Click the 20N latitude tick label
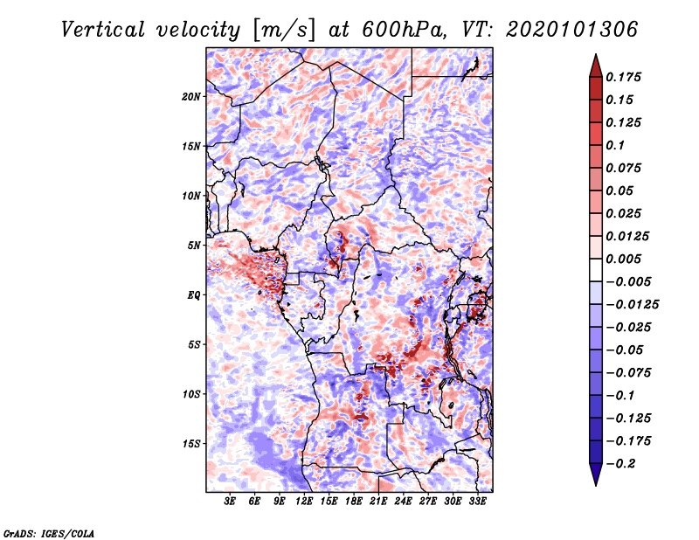[x=191, y=96]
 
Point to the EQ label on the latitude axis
[x=195, y=294]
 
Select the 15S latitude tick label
[x=191, y=443]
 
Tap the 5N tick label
[x=194, y=245]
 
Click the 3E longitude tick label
[x=230, y=501]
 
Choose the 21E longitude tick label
[x=378, y=501]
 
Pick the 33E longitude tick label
[x=477, y=501]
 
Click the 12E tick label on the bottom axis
[x=304, y=501]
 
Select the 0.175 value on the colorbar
[x=626, y=77]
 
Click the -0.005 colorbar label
[x=629, y=281]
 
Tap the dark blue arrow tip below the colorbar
[x=595, y=479]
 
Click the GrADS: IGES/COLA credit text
[x=48, y=532]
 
